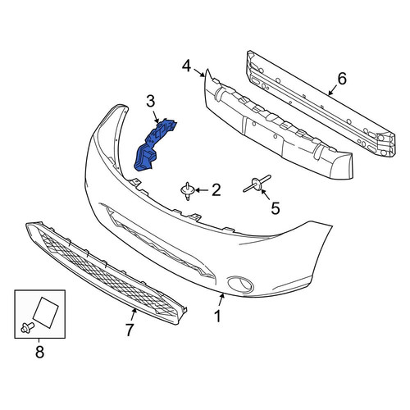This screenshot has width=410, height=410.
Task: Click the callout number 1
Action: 217,317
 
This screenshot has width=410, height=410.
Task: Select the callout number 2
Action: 216,190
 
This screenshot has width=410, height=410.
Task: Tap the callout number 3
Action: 151,101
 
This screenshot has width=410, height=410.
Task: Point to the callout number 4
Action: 186,66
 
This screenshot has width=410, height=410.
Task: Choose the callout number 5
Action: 276,208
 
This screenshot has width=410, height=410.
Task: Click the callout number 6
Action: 342,79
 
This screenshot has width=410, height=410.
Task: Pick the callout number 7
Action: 130,330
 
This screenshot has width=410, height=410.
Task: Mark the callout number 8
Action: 39,352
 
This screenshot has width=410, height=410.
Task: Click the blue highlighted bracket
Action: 153,145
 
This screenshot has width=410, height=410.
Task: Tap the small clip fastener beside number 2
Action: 188,191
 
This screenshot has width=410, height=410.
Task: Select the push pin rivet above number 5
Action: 257,184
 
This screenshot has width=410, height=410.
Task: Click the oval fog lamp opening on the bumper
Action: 240,284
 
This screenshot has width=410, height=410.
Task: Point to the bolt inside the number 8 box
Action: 27,327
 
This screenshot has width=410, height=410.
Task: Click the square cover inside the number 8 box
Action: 46,312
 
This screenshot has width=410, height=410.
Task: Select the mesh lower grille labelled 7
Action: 107,273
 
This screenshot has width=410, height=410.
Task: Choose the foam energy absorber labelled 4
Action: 277,125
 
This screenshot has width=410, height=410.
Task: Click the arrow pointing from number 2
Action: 202,190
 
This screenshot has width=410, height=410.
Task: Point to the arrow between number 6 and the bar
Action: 334,89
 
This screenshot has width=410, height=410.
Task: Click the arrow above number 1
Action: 221,300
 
